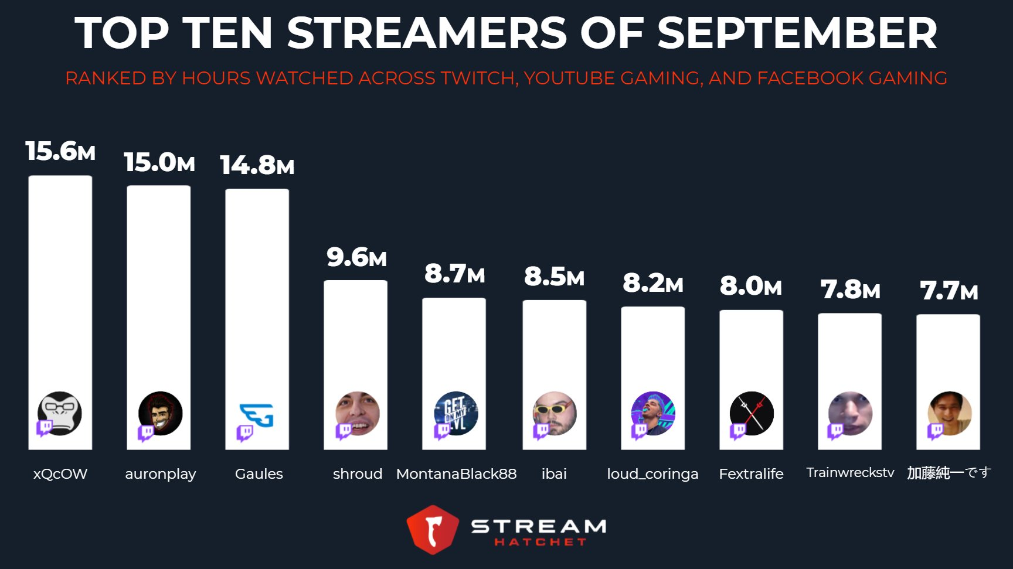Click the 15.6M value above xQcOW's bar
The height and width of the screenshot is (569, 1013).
coord(60,151)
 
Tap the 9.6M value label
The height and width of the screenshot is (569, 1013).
coord(356,257)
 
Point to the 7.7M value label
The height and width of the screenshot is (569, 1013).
coord(949,291)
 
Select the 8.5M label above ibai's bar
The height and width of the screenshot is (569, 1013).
coord(554,277)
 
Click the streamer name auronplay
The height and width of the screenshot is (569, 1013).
coord(160,473)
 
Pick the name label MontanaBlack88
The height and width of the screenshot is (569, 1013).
coord(456,473)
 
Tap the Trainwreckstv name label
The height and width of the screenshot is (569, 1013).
coord(850,472)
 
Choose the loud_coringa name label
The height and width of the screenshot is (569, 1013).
coord(652,473)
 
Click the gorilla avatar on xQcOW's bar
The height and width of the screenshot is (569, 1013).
coord(60,413)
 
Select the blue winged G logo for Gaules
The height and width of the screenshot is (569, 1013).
coord(257,415)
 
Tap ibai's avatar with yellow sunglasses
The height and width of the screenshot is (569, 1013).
coord(555,413)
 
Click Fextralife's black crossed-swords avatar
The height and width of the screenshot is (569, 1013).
coord(752,413)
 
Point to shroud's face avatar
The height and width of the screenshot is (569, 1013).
coord(358,413)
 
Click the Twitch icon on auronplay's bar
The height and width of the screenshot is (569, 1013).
coord(145,432)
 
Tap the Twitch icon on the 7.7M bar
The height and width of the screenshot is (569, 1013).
coord(935,431)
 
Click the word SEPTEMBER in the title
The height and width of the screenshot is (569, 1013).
coord(797,33)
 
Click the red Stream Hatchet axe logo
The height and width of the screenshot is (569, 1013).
coord(433,529)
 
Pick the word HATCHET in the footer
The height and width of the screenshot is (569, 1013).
coord(540,542)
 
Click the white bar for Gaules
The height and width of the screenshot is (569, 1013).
coord(257,293)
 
